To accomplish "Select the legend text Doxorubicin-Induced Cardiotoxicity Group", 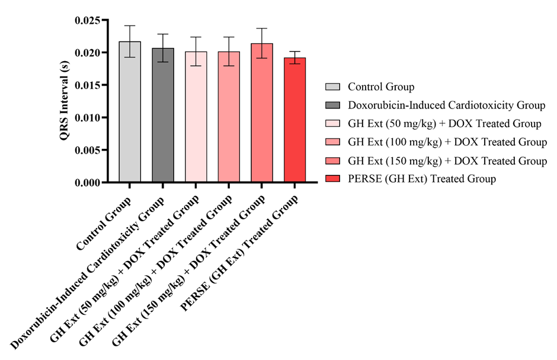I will [446, 106].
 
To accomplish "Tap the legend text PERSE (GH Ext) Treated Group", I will [421, 179].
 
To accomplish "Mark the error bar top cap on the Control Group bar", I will [130, 26].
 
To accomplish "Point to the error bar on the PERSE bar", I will [294, 55].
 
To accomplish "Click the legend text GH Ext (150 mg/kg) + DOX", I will [447, 161].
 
